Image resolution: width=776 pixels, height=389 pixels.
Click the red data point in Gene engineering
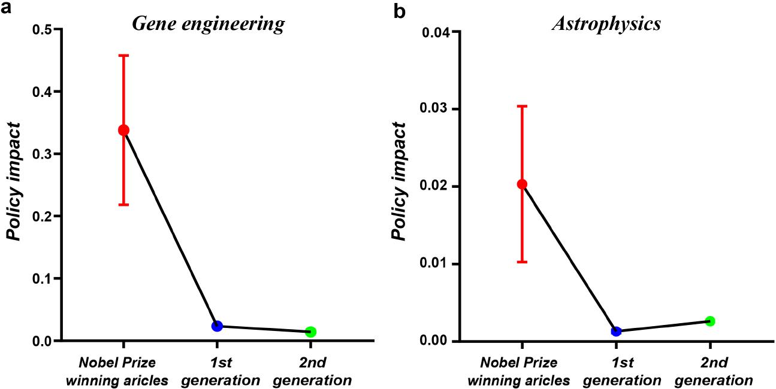123,130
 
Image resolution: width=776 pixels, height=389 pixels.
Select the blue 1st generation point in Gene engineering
217,326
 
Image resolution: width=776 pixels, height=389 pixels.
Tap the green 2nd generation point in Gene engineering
310,332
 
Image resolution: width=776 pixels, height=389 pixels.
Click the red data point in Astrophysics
522,184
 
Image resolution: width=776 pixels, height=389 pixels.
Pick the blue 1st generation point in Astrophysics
616,331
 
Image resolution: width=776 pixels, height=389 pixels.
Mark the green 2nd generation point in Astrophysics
709,321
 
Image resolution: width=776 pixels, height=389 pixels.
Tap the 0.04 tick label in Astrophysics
436,31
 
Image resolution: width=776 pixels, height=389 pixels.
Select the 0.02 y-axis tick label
436,186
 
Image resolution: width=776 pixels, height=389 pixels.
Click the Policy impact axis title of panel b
401,183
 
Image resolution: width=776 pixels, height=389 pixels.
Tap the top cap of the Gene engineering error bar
123,55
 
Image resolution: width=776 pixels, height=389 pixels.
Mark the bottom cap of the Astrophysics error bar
522,262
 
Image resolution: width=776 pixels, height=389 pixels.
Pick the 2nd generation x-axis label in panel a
310,371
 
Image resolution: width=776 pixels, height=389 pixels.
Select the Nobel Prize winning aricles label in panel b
519,371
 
